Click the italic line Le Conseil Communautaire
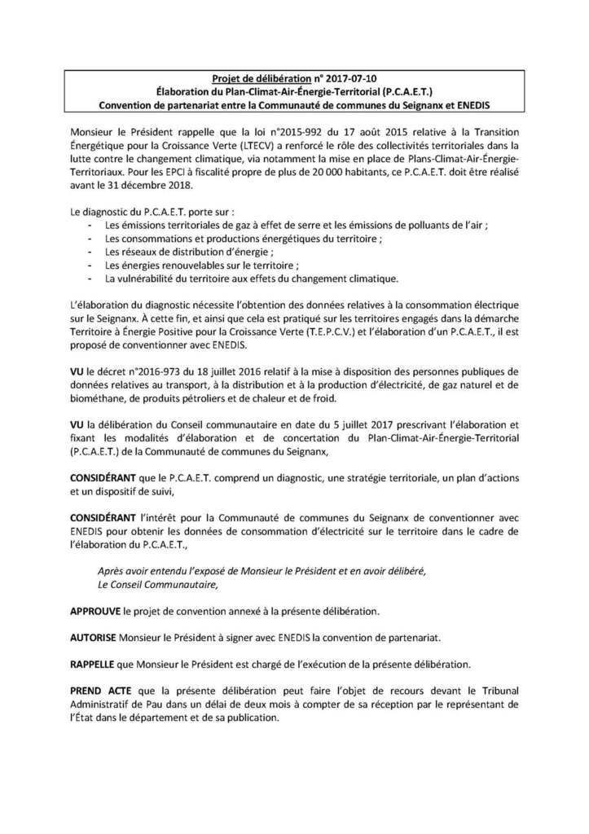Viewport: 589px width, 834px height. (x=158, y=583)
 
